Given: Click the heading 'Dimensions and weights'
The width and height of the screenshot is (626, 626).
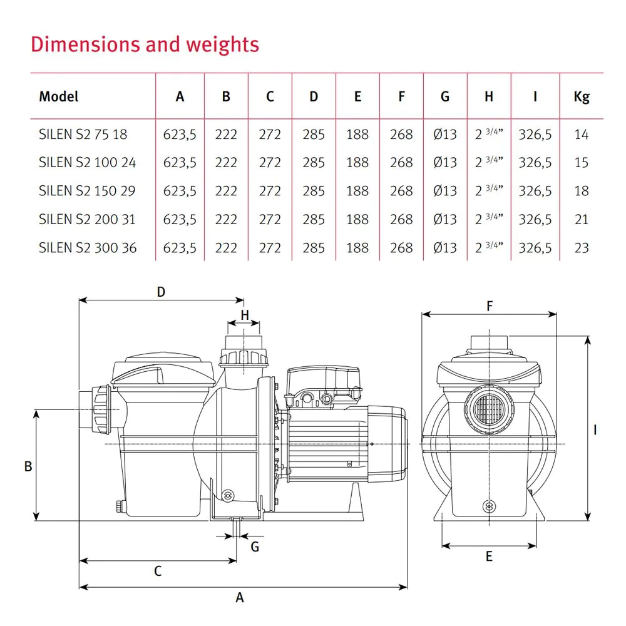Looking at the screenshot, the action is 145,44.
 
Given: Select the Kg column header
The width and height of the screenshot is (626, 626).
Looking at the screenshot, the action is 582,97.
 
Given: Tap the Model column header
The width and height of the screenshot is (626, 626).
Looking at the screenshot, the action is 59,96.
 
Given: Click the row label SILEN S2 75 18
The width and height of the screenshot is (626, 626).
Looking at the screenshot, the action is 83,134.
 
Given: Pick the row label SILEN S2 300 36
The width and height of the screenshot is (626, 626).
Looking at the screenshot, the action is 88,247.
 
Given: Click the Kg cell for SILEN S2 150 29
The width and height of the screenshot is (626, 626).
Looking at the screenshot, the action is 582,191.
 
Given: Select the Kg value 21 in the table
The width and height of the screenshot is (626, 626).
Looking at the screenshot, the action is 582,219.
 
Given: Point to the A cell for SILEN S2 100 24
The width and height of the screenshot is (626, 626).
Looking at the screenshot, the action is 180,163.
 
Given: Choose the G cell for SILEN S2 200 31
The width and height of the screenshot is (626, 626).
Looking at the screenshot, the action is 445,219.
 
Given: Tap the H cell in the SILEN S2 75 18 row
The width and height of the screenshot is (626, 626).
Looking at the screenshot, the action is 489,134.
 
